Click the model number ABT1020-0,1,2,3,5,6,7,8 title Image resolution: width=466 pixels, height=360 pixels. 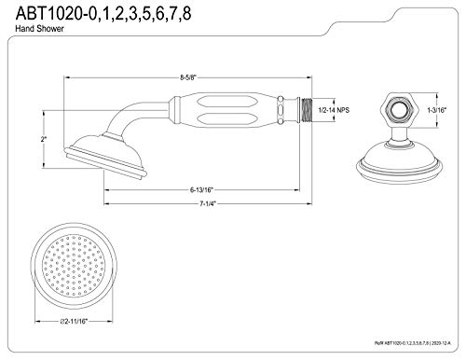click(103, 13)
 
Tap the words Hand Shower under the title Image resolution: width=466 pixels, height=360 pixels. click(39, 29)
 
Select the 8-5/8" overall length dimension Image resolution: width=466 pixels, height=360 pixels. click(188, 77)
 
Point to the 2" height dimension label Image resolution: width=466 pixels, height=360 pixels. click(43, 139)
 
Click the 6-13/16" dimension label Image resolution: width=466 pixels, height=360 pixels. click(202, 189)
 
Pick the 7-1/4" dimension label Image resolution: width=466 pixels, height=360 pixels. click(208, 203)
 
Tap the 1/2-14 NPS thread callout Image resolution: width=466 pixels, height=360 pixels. click(334, 110)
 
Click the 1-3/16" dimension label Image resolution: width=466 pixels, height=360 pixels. click(436, 110)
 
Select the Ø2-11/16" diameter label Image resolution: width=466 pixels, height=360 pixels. click(74, 321)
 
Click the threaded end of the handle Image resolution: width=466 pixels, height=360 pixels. click(306, 110)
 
